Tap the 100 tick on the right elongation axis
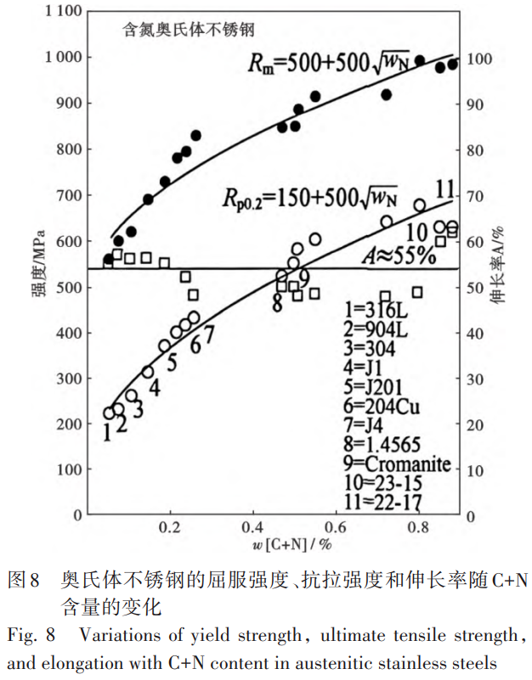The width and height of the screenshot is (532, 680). pyautogui.click(x=481, y=59)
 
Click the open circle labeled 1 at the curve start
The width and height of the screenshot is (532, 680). pyautogui.click(x=109, y=413)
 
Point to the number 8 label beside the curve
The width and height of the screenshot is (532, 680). pyautogui.click(x=277, y=304)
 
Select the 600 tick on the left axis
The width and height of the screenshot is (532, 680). pyautogui.click(x=68, y=241)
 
